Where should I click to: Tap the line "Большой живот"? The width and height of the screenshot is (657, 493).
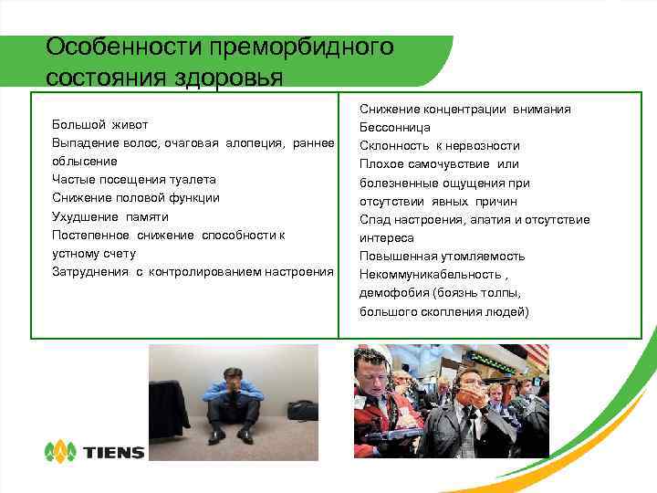(100, 124)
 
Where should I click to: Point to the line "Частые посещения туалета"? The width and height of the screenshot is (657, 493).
(134, 180)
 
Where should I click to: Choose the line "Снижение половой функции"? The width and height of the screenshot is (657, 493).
(136, 198)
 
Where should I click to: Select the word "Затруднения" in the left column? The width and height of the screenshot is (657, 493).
(91, 272)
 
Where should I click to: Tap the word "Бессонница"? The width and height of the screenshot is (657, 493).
(395, 127)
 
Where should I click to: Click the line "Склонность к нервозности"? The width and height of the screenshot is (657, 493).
(440, 145)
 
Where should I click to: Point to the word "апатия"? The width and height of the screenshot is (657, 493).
(491, 220)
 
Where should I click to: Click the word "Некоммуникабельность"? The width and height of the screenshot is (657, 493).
(430, 275)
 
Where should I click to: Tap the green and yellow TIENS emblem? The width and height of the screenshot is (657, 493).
(60, 451)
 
